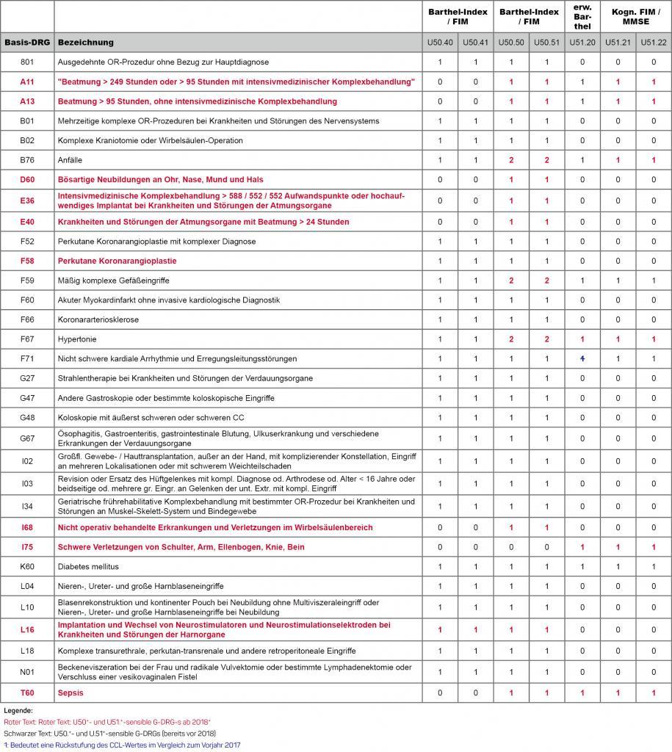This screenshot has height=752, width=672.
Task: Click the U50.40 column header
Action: (x=440, y=43)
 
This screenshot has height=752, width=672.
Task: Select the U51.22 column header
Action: (x=653, y=43)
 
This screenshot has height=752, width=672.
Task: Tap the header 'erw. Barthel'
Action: (x=582, y=17)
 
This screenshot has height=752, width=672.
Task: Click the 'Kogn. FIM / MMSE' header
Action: (x=635, y=17)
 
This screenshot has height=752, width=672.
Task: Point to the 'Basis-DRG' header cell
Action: (x=27, y=43)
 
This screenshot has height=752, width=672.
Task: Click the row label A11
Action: (x=27, y=82)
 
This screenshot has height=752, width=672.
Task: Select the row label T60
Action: (x=27, y=693)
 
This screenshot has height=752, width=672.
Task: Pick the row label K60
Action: (x=27, y=567)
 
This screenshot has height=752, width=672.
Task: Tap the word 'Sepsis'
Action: (x=71, y=693)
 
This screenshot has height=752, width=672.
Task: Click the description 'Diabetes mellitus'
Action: (x=88, y=567)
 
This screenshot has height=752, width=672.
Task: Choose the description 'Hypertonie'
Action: (x=77, y=339)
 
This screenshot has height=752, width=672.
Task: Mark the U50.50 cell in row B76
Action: (x=511, y=160)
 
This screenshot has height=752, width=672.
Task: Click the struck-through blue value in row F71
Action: (x=582, y=358)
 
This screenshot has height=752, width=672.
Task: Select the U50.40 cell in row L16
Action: (x=440, y=629)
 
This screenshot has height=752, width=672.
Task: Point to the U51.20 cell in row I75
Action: (x=582, y=547)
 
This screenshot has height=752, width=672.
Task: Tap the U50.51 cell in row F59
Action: (x=546, y=281)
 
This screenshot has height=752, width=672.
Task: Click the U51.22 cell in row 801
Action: (x=653, y=62)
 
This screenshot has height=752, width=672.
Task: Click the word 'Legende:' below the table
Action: (x=18, y=711)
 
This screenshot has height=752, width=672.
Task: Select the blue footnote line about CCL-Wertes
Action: (x=121, y=745)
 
